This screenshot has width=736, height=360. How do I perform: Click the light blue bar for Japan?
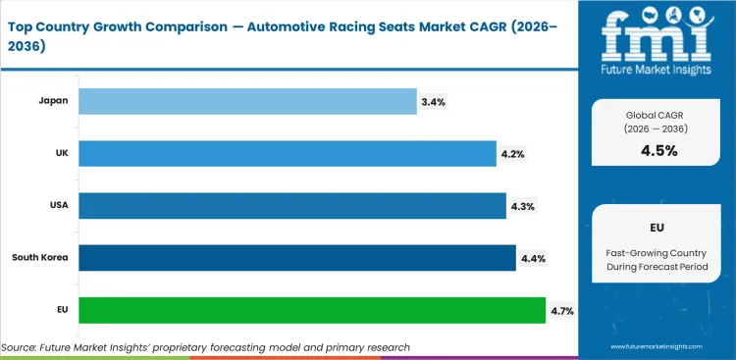(x=247, y=101)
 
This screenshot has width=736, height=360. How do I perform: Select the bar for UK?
(x=287, y=153)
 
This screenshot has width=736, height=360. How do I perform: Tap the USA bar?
(x=291, y=205)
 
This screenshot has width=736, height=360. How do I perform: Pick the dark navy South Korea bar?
(x=296, y=258)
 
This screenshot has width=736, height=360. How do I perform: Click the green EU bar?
(x=311, y=310)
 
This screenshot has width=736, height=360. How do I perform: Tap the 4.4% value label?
(x=534, y=258)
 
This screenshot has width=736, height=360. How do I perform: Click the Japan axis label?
(x=53, y=101)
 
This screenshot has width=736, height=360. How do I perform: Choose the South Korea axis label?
(x=39, y=258)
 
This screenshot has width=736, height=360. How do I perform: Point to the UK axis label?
(x=61, y=153)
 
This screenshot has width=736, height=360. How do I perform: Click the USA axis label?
(x=58, y=206)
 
